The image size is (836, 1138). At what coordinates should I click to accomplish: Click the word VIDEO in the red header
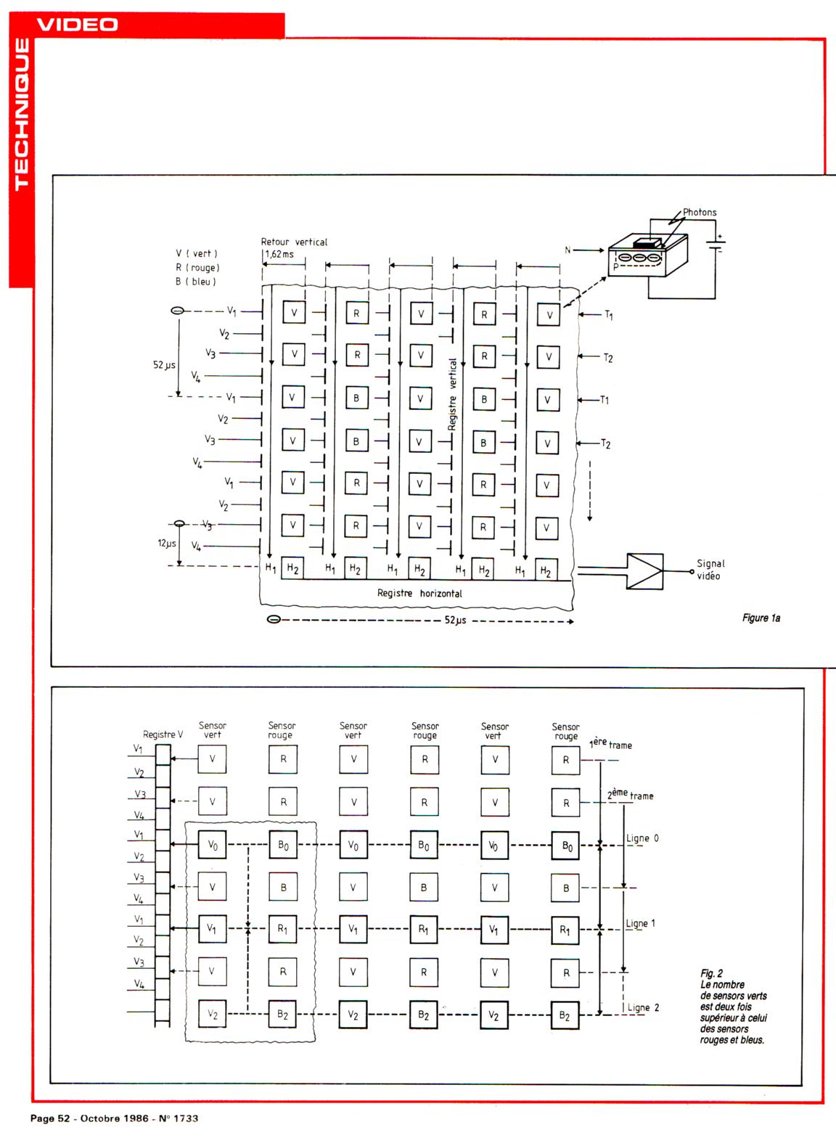(x=77, y=24)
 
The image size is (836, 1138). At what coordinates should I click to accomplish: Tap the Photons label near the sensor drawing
(x=700, y=213)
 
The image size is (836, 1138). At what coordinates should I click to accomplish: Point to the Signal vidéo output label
(x=710, y=570)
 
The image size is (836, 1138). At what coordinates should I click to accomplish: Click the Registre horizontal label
(x=419, y=593)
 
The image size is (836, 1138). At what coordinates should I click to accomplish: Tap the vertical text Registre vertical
(x=453, y=394)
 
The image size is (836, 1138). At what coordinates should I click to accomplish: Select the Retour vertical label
(x=294, y=242)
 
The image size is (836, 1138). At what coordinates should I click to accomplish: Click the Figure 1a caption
(x=761, y=618)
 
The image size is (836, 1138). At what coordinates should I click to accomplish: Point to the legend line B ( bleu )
(x=196, y=282)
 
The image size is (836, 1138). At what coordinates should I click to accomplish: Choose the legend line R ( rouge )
(x=197, y=268)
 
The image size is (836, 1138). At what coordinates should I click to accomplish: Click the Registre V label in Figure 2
(x=163, y=734)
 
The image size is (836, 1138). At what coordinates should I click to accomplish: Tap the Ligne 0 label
(x=642, y=838)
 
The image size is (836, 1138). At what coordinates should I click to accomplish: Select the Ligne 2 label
(x=643, y=1007)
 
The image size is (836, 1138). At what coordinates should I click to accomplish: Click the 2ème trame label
(x=630, y=795)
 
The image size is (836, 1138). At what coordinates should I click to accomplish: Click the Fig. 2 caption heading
(x=711, y=973)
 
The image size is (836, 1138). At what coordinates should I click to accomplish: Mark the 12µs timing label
(x=167, y=543)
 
